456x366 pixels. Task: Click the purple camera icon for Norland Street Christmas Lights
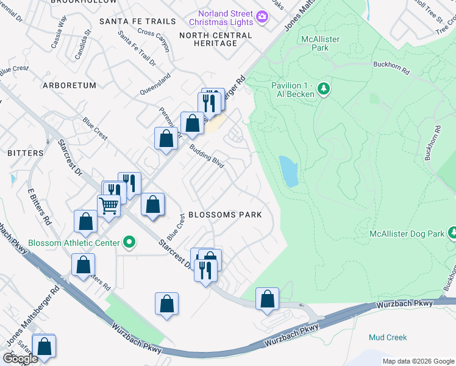(x=263, y=16)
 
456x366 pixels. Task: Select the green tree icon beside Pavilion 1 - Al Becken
(x=324, y=90)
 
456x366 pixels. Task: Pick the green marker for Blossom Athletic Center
(x=129, y=243)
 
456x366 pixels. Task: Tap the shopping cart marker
(x=109, y=206)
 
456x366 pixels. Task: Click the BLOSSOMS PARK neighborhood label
(x=225, y=215)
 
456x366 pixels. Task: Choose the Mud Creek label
(x=388, y=337)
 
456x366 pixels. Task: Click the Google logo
(x=20, y=359)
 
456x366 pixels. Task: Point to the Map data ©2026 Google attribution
(x=418, y=361)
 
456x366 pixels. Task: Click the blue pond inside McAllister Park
(x=288, y=171)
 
